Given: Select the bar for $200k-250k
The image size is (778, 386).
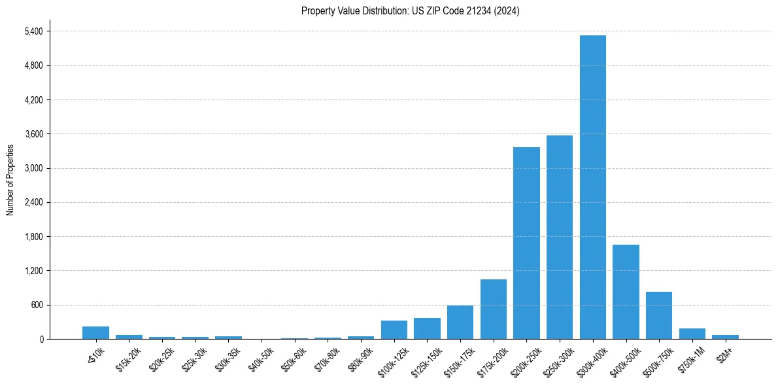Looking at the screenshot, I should pyautogui.click(x=526, y=243).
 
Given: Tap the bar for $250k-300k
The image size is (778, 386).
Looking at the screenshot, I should pyautogui.click(x=560, y=237).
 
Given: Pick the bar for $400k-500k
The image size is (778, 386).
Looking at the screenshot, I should pyautogui.click(x=626, y=292).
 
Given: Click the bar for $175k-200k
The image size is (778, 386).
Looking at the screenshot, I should pyautogui.click(x=494, y=309).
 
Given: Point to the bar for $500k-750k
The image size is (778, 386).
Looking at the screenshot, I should pyautogui.click(x=659, y=315).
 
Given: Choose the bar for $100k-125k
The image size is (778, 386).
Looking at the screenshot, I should pyautogui.click(x=394, y=330).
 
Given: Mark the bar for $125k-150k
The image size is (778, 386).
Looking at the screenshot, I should pyautogui.click(x=427, y=328).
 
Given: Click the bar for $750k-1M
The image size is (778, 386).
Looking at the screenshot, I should pyautogui.click(x=692, y=334).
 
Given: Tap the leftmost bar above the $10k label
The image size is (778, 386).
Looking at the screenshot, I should pyautogui.click(x=95, y=332).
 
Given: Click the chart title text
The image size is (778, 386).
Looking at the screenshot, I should pyautogui.click(x=411, y=11).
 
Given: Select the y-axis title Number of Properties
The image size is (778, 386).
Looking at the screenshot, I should pyautogui.click(x=10, y=180).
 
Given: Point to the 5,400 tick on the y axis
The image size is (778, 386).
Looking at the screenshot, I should pyautogui.click(x=32, y=31).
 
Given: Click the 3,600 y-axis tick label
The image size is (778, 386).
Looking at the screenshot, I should pyautogui.click(x=32, y=134).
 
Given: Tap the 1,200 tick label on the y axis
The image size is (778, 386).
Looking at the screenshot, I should pyautogui.click(x=32, y=271).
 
